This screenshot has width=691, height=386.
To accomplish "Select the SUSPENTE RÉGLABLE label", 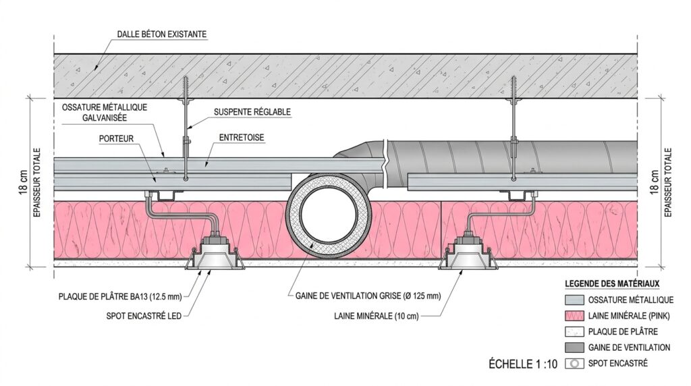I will pyautogui.click(x=253, y=112).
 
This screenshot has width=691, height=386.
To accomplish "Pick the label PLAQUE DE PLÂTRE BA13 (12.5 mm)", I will pyautogui.click(x=121, y=296).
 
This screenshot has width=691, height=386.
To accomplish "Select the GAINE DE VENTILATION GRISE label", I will pyautogui.click(x=368, y=296).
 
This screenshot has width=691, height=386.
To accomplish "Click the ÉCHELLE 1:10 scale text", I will pyautogui.click(x=523, y=364).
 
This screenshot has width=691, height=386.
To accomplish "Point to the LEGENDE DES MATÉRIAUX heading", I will pyautogui.click(x=611, y=284).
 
